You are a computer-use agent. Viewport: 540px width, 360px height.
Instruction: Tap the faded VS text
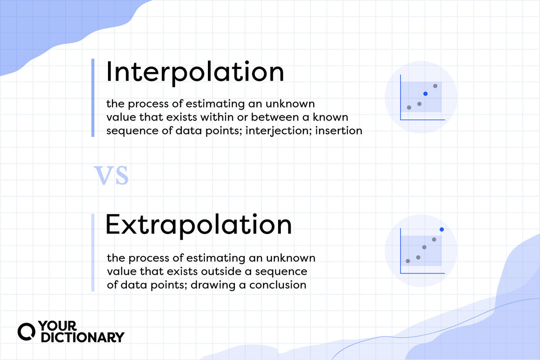click(111, 175)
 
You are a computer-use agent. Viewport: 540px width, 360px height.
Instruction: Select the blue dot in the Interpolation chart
click(425, 94)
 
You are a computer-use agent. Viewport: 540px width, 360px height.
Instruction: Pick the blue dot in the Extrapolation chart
click(441, 229)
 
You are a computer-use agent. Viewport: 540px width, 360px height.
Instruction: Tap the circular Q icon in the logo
click(25, 331)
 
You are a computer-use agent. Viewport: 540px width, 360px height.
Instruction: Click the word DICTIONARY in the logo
click(83, 337)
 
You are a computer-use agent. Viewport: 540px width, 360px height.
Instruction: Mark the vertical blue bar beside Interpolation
click(93, 97)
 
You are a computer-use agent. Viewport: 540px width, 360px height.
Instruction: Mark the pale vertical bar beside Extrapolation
click(93, 252)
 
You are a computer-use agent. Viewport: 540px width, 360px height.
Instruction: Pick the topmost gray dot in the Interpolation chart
click(435, 86)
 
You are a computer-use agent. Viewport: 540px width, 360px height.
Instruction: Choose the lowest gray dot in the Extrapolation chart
click(408, 261)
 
